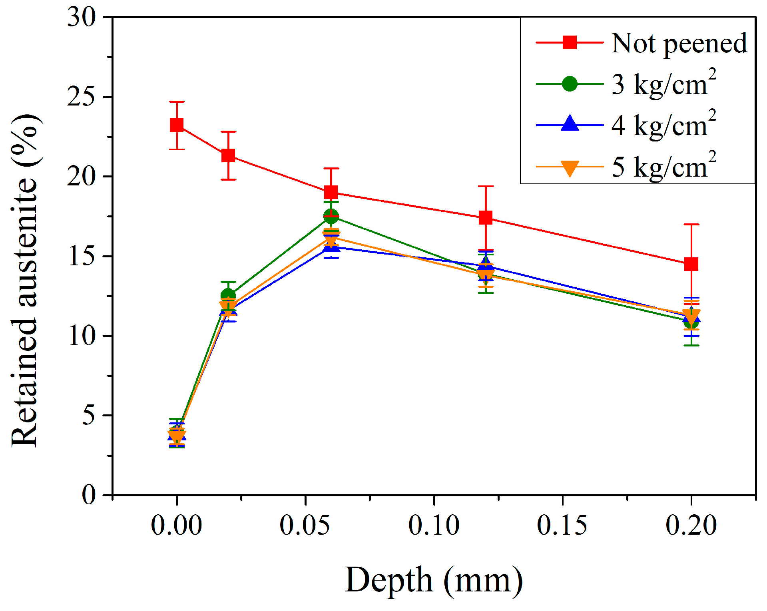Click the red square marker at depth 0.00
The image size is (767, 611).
pos(177,126)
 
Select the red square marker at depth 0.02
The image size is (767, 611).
pos(228,155)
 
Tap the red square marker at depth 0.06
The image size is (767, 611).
pos(331,192)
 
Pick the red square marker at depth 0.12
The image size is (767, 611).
pos(486,218)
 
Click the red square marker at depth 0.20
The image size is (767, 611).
pos(691,264)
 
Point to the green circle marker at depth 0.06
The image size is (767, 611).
pos(331,216)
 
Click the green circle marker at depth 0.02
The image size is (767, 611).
pos(228,295)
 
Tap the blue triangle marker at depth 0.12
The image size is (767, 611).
pos(486,264)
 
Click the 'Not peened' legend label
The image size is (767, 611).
pos(679,43)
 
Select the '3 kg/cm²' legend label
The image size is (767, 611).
pos(663,84)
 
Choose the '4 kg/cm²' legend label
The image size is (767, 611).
pos(663,125)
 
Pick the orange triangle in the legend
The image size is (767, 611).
pos(570,168)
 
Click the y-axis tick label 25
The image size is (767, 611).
pos(82,96)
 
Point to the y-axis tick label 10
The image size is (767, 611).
pos(82,336)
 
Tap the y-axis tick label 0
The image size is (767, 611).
pos(89,495)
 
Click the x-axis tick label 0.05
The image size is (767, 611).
pos(305,525)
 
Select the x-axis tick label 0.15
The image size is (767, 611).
pos(562,525)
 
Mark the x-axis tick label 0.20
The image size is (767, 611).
pos(691,525)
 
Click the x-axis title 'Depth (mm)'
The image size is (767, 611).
pos(434,580)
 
